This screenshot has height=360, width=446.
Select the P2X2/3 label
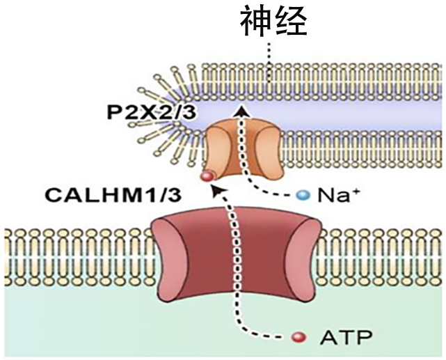click(152, 113)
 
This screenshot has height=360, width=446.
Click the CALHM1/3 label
click(113, 196)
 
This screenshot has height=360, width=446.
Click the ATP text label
click(346, 338)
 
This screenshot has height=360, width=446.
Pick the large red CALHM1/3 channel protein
click(237, 256)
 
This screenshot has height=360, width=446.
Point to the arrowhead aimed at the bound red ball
click(217, 191)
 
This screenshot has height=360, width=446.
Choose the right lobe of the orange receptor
click(269, 150)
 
